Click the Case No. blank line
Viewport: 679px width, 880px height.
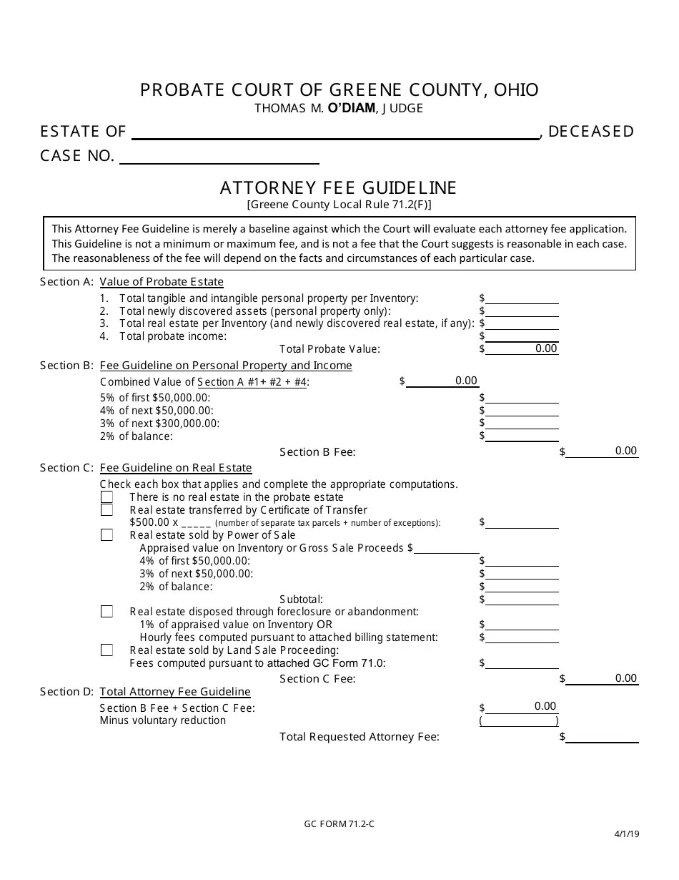pos(219,157)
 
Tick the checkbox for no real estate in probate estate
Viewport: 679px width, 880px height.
pos(106,497)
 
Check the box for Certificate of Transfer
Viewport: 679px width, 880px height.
pos(106,510)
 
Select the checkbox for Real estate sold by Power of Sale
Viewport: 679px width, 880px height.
pos(106,535)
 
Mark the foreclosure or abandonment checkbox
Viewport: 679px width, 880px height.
pos(106,612)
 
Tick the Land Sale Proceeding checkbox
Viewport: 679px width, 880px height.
pos(106,650)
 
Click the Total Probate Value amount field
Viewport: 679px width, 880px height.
pos(522,348)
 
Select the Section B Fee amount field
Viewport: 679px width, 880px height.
pos(602,451)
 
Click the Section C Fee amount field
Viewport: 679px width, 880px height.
pos(602,678)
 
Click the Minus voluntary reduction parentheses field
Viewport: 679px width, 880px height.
pos(519,720)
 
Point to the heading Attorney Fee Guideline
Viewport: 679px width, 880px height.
pos(338,187)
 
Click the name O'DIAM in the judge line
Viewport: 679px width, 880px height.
pos(352,109)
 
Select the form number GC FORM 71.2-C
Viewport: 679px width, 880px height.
pos(339,823)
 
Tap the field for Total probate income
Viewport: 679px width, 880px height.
pos(522,336)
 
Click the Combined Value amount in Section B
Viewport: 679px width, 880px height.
pos(442,381)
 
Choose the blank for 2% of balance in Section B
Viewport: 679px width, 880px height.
pos(522,436)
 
